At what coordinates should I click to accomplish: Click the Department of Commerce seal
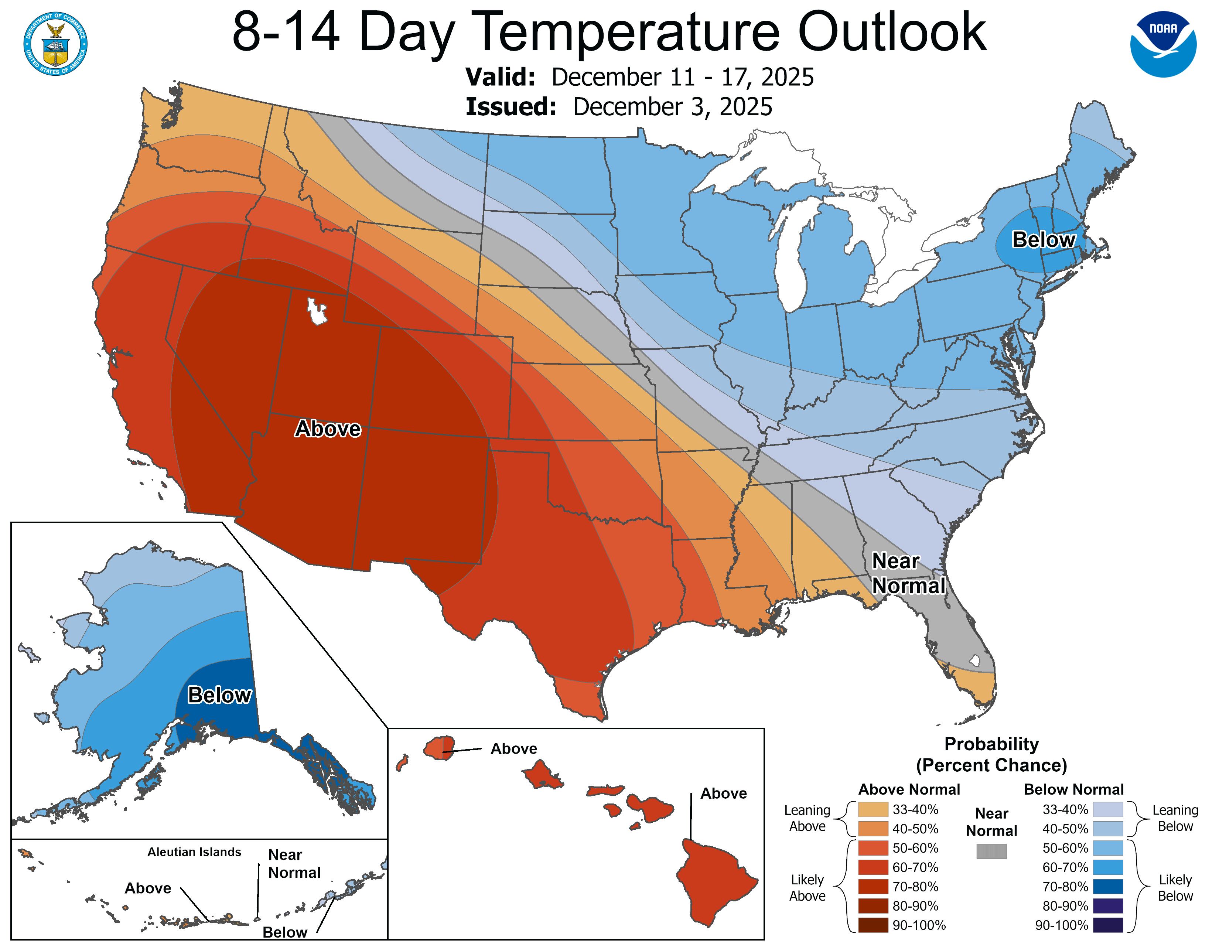click(x=55, y=44)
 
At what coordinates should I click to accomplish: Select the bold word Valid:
click(x=501, y=77)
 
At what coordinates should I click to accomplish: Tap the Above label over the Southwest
click(x=328, y=429)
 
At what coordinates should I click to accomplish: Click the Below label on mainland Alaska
click(x=219, y=695)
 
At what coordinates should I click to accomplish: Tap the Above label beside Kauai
click(x=513, y=749)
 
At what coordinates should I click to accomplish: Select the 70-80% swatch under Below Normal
click(x=1108, y=887)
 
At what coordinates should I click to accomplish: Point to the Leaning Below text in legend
click(x=1175, y=818)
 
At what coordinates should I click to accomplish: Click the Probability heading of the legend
click(x=991, y=744)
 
